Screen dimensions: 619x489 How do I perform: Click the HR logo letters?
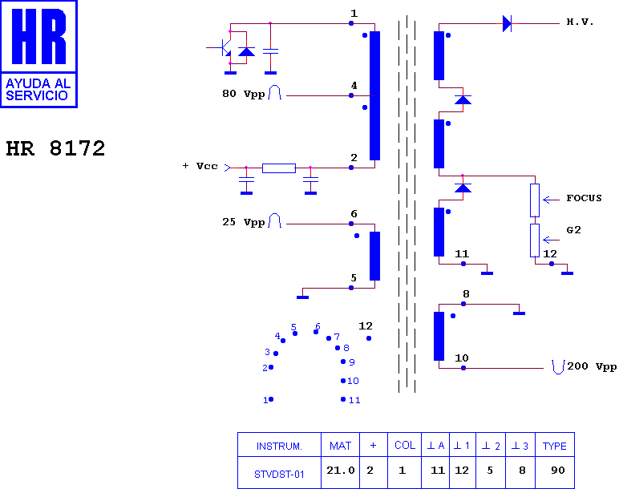pos(38,36)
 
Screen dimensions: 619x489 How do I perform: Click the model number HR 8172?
pos(55,148)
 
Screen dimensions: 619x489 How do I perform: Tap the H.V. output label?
pos(580,22)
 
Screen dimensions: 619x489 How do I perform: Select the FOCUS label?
pos(584,198)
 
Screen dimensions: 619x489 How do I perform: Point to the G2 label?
pos(573,230)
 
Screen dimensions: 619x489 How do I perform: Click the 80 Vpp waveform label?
pos(243,94)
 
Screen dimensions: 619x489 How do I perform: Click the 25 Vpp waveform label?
pos(243,222)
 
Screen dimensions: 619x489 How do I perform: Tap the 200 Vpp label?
pos(592,366)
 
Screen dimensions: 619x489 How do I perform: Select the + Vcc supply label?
pos(200,166)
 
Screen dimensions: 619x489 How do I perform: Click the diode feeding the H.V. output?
pos(507,24)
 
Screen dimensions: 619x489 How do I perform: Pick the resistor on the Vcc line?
pos(279,168)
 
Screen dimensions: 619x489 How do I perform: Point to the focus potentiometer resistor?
pos(535,200)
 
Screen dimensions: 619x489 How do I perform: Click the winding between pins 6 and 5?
pos(374,256)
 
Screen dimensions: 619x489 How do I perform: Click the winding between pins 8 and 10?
pos(439,336)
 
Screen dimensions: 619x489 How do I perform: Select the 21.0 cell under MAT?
pos(341,471)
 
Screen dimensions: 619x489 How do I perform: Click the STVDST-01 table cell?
pos(279,474)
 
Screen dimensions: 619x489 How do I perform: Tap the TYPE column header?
pos(555,446)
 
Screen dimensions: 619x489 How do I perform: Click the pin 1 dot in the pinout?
pos(271,399)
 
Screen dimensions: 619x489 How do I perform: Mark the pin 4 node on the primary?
pos(351,95)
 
